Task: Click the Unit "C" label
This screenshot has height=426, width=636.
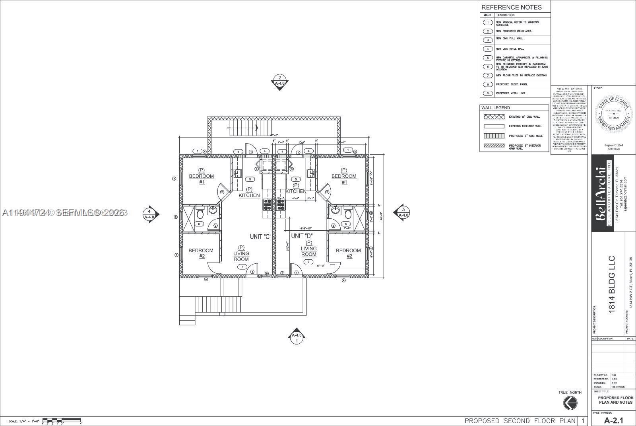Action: coord(260,237)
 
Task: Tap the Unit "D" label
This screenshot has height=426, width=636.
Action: coord(302,236)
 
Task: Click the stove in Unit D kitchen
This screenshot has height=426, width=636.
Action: coord(281,204)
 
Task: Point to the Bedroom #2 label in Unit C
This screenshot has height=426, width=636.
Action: coord(201,253)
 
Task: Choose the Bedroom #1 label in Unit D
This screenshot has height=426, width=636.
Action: coord(344,176)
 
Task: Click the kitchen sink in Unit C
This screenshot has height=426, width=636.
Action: coord(238,173)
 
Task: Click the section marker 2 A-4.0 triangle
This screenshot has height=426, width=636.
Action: coord(280,81)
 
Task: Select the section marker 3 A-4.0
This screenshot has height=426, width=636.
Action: coord(402,212)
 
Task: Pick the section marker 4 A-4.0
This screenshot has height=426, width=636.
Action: coord(150,214)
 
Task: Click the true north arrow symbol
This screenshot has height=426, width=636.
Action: coord(570,403)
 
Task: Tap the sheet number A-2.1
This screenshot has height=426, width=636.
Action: coord(614,420)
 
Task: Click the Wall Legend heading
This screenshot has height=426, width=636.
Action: coord(495,108)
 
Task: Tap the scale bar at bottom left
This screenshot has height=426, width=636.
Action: coord(61,420)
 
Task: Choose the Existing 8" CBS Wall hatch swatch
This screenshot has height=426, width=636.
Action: coord(493,117)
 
